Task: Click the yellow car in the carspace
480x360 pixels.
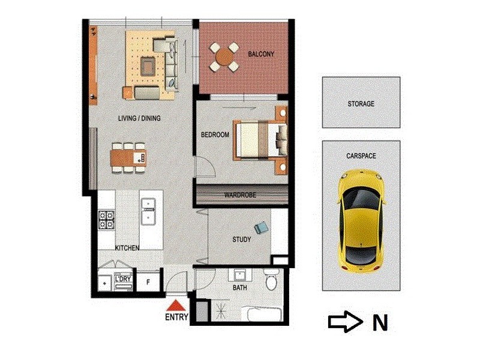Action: (360, 220)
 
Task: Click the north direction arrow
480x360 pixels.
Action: (345, 322)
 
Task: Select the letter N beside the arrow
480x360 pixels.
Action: (379, 323)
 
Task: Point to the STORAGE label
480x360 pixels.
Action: (361, 104)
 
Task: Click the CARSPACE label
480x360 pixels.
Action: (361, 155)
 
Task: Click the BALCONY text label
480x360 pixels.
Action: (261, 55)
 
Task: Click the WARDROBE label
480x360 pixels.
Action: (240, 195)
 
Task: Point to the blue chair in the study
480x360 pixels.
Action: (262, 228)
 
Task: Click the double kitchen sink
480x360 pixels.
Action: (148, 211)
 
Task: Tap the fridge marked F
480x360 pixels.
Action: (148, 280)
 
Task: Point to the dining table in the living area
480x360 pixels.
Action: (128, 158)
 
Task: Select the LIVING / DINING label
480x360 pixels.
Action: (139, 118)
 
